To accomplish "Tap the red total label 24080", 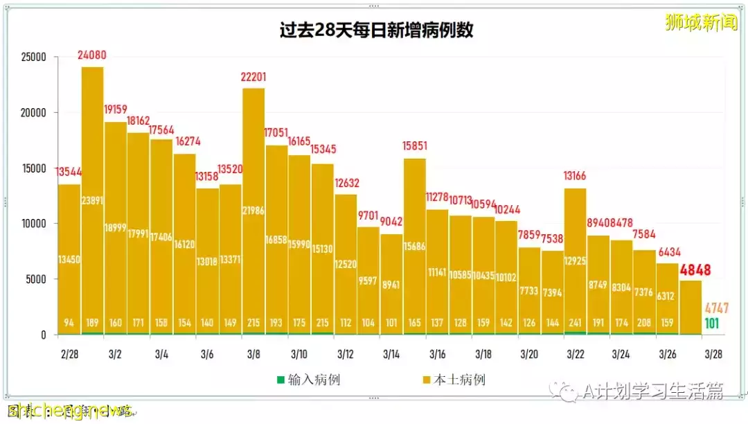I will coord(92,55).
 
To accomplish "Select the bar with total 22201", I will coord(253,208).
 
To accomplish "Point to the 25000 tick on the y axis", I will coord(32,57).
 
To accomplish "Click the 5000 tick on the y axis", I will coord(35,279).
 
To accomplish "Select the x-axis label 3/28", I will coord(713,355).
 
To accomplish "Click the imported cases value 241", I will coord(576,322).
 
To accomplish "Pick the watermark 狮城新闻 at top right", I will coord(701,22).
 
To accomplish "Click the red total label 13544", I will coord(69,173).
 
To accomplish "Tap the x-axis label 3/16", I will coord(437,355).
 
